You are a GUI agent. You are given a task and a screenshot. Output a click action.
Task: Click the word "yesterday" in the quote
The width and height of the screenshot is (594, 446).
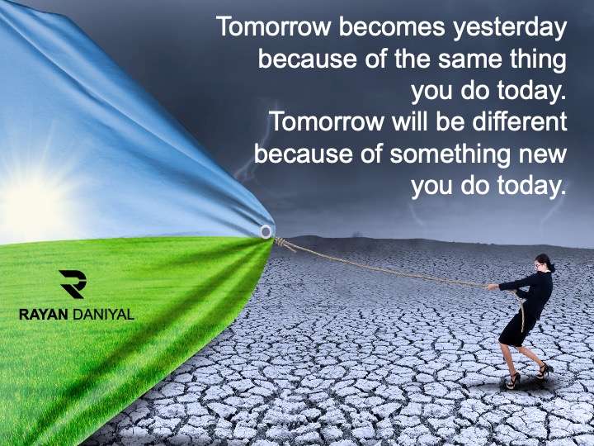[x=510, y=28]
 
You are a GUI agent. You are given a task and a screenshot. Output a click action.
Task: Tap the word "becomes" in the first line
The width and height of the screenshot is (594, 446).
[x=392, y=27]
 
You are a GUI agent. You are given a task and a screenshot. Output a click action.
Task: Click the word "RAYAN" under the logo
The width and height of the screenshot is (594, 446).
[x=44, y=315]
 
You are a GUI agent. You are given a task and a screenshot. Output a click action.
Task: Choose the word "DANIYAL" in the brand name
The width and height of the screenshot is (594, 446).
[x=103, y=315]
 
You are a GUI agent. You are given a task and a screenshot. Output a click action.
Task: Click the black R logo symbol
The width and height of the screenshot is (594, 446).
[x=73, y=284]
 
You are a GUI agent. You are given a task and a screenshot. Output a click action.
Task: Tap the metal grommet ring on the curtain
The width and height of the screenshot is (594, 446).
[x=266, y=231]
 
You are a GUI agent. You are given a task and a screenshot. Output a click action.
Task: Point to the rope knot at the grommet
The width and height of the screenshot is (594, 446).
[x=280, y=241]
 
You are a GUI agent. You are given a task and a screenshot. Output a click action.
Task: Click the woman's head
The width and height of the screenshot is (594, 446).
[x=544, y=263]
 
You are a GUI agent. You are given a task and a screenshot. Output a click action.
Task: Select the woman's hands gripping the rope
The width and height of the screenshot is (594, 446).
[x=493, y=287]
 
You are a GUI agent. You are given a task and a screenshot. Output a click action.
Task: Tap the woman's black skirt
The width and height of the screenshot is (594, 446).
[x=517, y=330]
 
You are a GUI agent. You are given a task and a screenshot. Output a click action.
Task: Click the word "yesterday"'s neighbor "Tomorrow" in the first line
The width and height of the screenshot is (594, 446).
[x=274, y=27]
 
